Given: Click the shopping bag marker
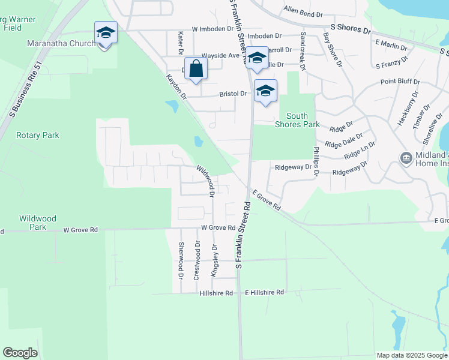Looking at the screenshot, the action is (196, 69).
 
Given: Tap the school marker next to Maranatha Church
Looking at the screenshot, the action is (106, 34).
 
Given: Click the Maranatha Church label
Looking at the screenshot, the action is (61, 43).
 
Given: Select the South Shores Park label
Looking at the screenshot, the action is (297, 120).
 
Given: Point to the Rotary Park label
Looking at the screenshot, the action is (38, 135).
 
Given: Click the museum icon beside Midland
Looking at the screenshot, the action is (406, 158).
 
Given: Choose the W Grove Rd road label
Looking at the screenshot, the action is (218, 228).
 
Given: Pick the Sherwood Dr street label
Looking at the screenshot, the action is (181, 260).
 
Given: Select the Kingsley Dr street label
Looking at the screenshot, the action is (214, 260).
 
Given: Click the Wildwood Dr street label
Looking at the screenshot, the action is (205, 181).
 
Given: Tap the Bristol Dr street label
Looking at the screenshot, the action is (233, 94).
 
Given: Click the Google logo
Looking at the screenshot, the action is (20, 353).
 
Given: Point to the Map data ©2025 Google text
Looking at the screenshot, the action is (412, 355).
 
